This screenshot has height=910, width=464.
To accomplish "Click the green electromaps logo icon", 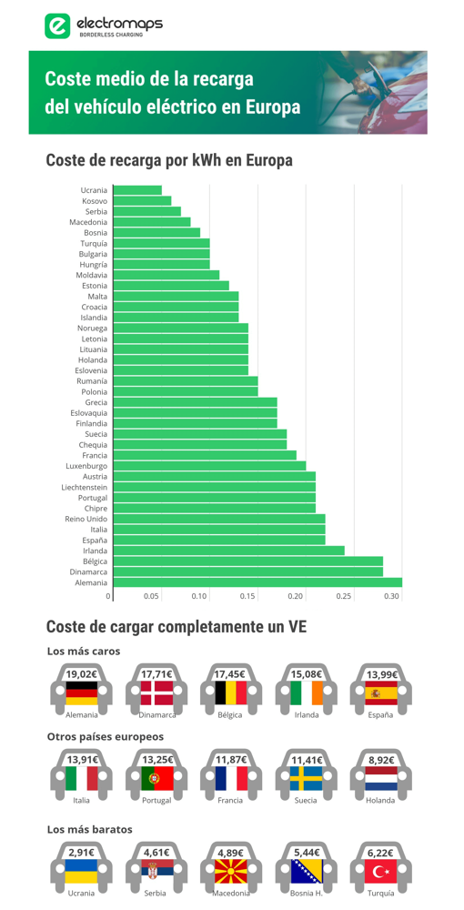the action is pyautogui.click(x=56, y=25).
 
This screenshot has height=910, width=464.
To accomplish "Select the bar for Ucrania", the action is pyautogui.click(x=137, y=190).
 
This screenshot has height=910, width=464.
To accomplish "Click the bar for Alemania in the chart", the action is pyautogui.click(x=257, y=582).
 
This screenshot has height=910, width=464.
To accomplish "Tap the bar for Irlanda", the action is pyautogui.click(x=229, y=551).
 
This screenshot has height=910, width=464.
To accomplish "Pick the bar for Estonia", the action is pyautogui.click(x=171, y=286).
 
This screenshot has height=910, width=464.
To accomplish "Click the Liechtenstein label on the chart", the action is pyautogui.click(x=85, y=488).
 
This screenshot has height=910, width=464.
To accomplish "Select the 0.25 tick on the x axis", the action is pyautogui.click(x=344, y=596).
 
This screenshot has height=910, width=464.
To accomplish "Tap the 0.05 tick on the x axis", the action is pyautogui.click(x=151, y=596).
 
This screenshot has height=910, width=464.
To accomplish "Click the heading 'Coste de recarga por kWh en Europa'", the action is pyautogui.click(x=169, y=161).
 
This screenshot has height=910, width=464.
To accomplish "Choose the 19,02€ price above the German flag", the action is pyautogui.click(x=81, y=674).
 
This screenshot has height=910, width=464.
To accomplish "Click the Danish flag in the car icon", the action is pyautogui.click(x=156, y=693).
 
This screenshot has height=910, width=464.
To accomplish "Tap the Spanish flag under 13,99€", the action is pyautogui.click(x=381, y=693).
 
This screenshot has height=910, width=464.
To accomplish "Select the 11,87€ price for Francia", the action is pyautogui.click(x=231, y=760).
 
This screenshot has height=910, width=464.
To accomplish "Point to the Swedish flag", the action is pyautogui.click(x=307, y=778).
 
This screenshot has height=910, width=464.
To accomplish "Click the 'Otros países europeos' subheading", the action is pyautogui.click(x=106, y=737).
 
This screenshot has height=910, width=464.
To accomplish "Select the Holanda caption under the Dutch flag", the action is pyautogui.click(x=381, y=800).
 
